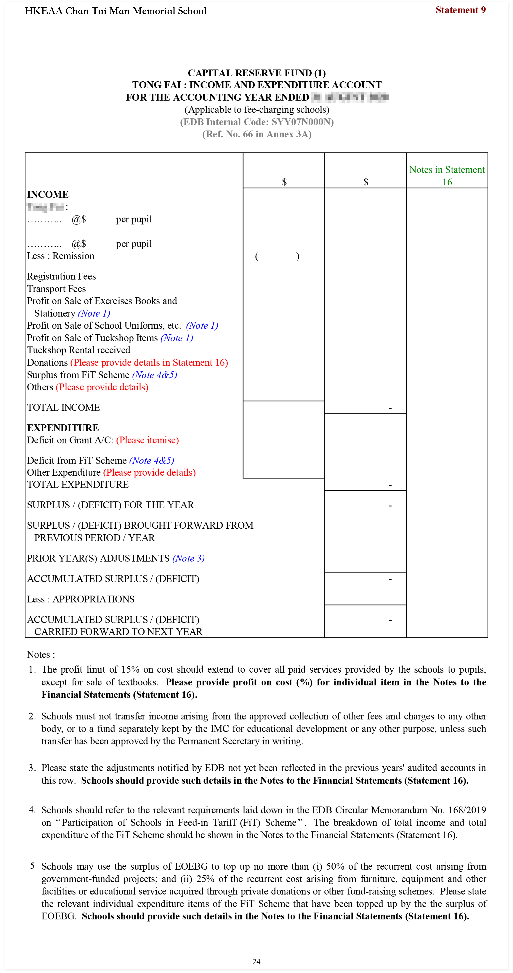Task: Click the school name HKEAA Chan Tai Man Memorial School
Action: pyautogui.click(x=116, y=11)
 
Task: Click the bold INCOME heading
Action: pyautogui.click(x=48, y=195)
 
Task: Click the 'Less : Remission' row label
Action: pyautogui.click(x=60, y=256)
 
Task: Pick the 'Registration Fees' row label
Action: pyautogui.click(x=61, y=277)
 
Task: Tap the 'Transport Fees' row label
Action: pyautogui.click(x=56, y=289)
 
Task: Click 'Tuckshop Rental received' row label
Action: pyautogui.click(x=79, y=350)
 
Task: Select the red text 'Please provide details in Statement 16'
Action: pyautogui.click(x=149, y=363)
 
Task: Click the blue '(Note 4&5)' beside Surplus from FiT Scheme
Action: pyautogui.click(x=155, y=375)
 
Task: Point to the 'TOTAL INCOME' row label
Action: pyautogui.click(x=63, y=408)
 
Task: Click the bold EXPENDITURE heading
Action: pyautogui.click(x=63, y=428)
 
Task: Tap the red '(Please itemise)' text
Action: pyautogui.click(x=147, y=440)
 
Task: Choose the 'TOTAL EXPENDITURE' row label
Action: pyautogui.click(x=78, y=485)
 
